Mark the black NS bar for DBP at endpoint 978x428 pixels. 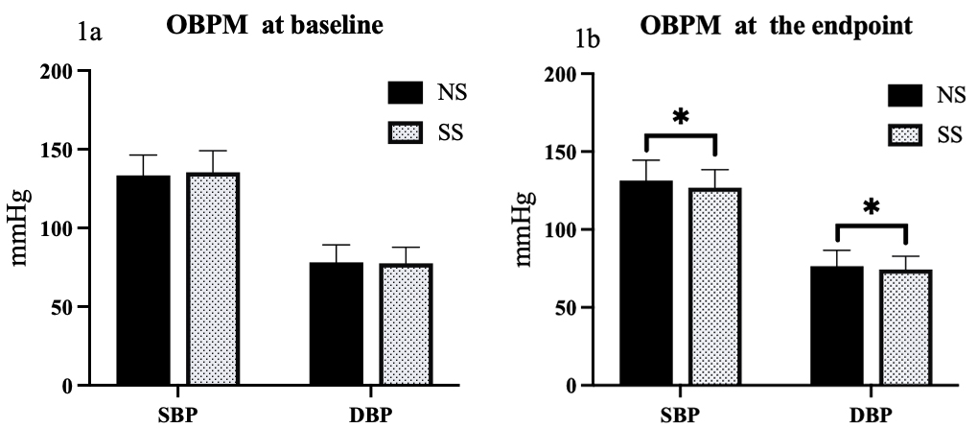839,325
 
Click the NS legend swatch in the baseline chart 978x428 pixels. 406,93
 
